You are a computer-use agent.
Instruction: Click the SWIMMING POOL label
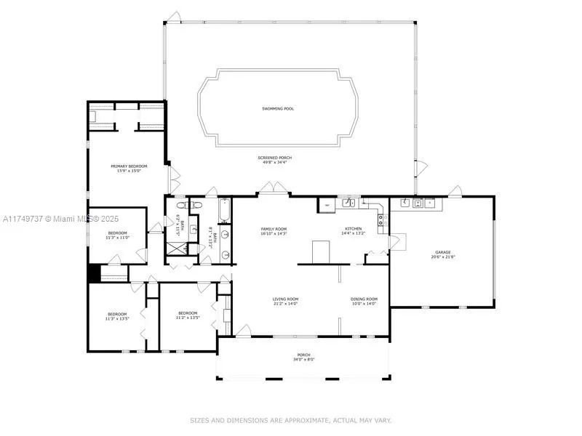(x=279, y=109)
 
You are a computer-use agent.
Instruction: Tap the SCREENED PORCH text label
(x=274, y=158)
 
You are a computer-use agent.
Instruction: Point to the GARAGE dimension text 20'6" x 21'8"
(x=443, y=257)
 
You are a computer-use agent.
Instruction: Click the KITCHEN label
(x=354, y=229)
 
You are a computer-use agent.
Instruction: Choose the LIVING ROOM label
(x=285, y=299)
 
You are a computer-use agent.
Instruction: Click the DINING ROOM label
(x=364, y=299)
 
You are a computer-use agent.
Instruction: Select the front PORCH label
(x=303, y=355)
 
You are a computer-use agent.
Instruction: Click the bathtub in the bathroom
(x=224, y=211)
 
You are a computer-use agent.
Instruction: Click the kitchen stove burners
(x=380, y=217)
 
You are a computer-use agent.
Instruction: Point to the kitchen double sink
(x=349, y=203)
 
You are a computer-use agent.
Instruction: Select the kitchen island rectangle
(x=322, y=251)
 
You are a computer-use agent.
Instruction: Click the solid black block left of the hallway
(x=93, y=273)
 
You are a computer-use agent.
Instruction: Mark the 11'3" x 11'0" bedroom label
(x=116, y=235)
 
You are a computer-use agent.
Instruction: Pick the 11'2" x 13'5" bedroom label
(x=187, y=315)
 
